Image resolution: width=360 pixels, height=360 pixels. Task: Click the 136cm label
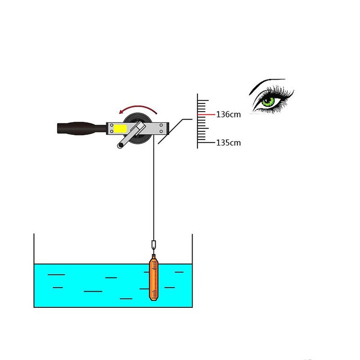[229, 114]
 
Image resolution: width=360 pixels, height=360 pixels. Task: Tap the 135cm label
[229, 143]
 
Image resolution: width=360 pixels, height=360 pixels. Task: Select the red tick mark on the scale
[206, 114]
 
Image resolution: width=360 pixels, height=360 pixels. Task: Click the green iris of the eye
[268, 102]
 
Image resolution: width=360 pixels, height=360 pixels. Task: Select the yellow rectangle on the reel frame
[120, 129]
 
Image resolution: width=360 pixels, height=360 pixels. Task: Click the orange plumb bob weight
[153, 278]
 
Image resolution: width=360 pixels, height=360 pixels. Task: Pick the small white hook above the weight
[153, 245]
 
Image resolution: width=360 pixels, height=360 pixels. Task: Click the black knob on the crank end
[121, 145]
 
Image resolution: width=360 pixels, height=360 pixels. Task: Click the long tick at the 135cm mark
[206, 143]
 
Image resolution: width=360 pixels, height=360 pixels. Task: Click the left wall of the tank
[34, 270]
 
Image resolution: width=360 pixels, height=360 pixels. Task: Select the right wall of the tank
[192, 270]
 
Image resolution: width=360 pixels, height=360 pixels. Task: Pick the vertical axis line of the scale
[198, 121]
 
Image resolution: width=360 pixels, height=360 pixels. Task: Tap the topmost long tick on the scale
[203, 100]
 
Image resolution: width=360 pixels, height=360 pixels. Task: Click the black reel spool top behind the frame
[138, 117]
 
